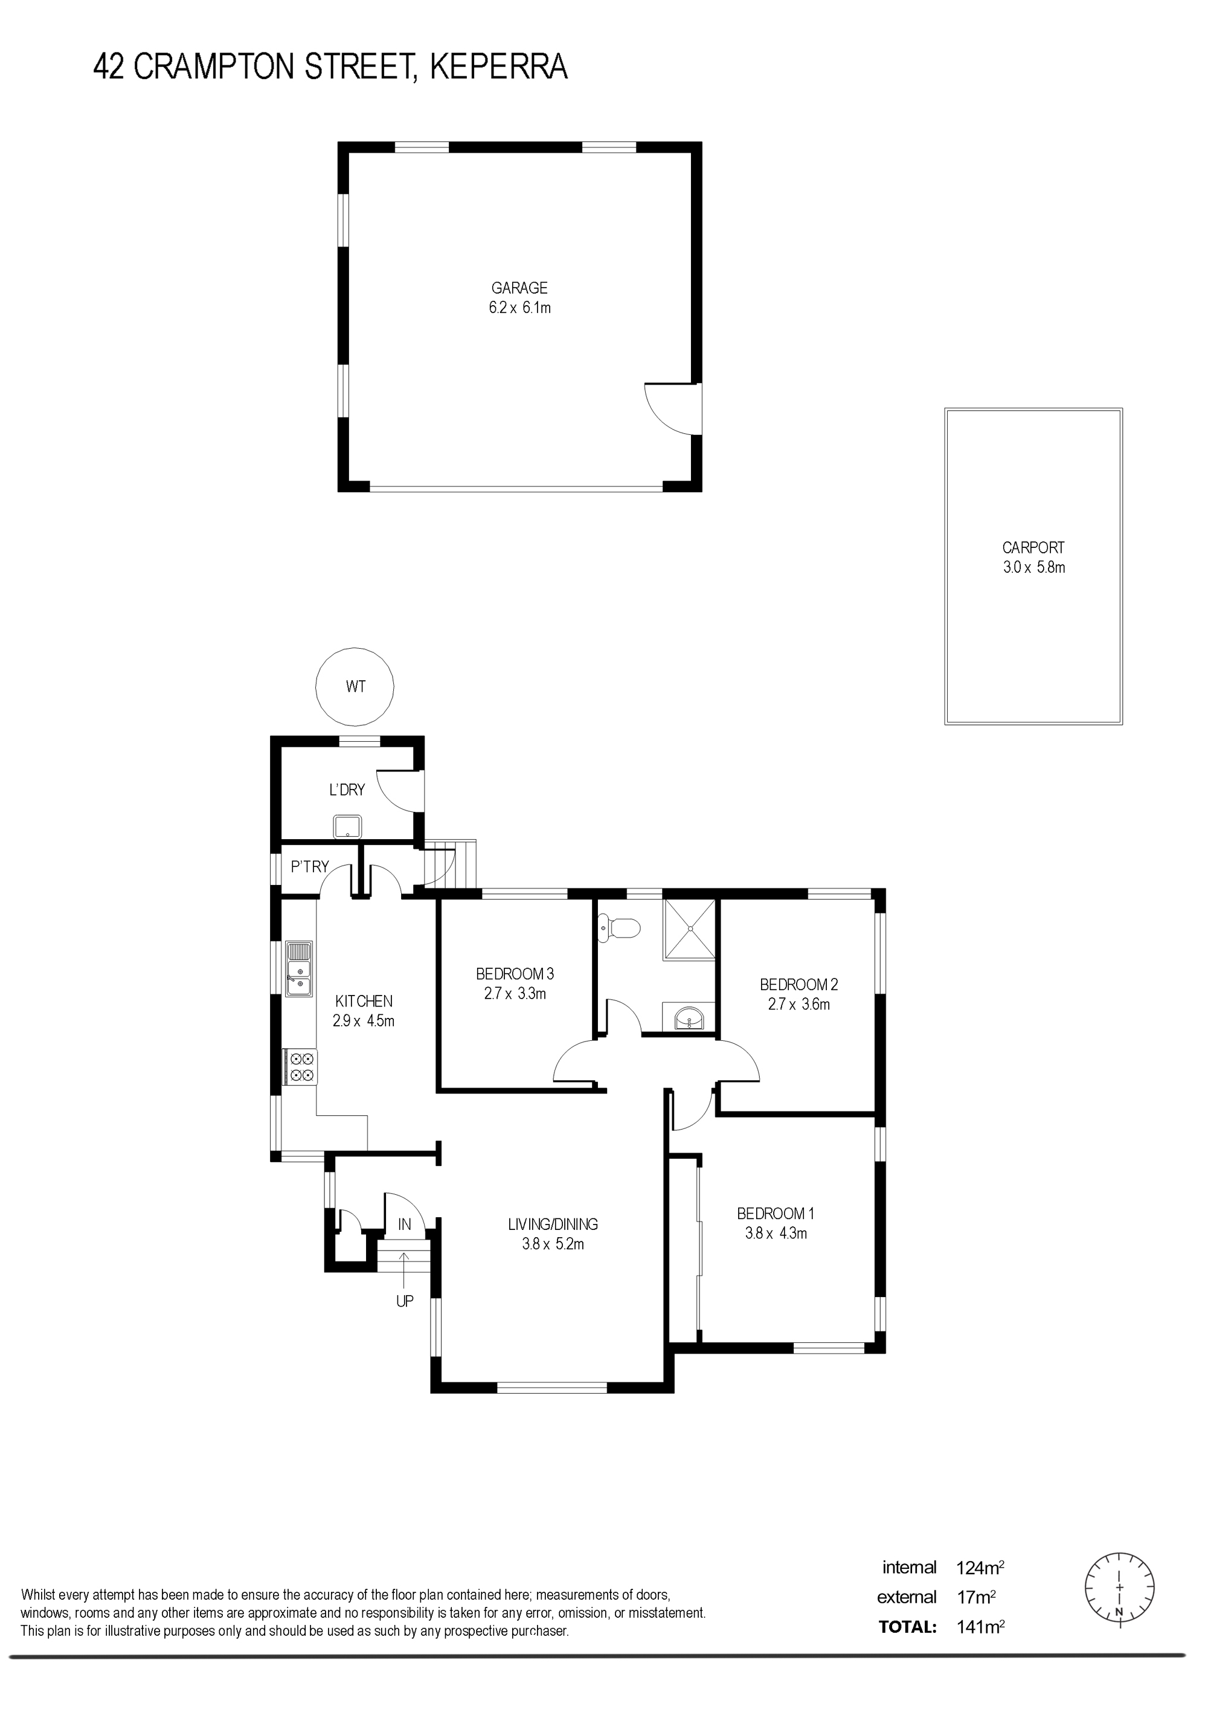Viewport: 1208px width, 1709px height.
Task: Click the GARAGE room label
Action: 519,288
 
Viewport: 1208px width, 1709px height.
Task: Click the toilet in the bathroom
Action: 619,927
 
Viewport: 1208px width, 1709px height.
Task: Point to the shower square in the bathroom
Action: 689,929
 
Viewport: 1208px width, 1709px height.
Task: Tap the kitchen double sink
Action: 299,969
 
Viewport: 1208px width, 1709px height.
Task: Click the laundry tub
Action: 347,826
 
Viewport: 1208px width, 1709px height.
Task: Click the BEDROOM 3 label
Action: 515,974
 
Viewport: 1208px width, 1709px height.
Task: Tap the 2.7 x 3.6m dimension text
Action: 798,1004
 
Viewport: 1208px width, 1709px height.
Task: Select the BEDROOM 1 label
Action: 776,1213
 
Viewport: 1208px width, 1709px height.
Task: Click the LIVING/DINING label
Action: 553,1224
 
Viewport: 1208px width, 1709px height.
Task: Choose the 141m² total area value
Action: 980,1626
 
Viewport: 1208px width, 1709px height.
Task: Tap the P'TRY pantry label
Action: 310,866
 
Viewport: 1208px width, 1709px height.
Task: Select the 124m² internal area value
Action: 980,1568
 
